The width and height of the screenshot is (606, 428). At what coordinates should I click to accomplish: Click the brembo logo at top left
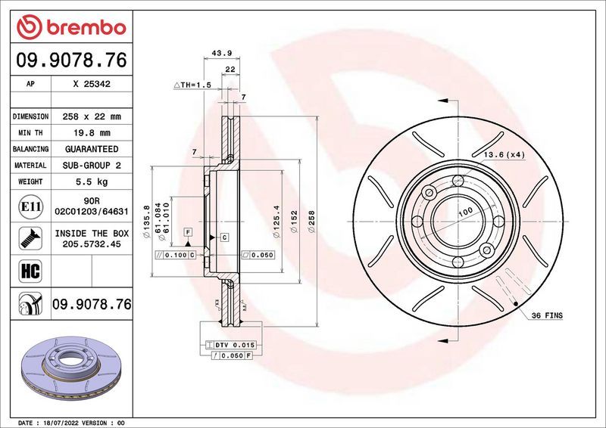coord(70,27)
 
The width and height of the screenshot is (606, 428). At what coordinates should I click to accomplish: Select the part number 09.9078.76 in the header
coord(70,60)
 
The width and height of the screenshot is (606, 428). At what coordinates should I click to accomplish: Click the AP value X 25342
coord(92,85)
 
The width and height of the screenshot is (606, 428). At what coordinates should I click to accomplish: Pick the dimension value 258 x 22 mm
coord(92,116)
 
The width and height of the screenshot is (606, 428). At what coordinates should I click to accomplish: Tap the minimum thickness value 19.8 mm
coord(92,133)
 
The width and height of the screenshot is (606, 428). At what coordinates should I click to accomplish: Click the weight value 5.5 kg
coord(92,181)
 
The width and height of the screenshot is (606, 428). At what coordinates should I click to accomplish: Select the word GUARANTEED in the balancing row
coord(92,149)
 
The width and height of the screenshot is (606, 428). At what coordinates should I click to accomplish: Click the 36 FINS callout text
coord(546,314)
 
